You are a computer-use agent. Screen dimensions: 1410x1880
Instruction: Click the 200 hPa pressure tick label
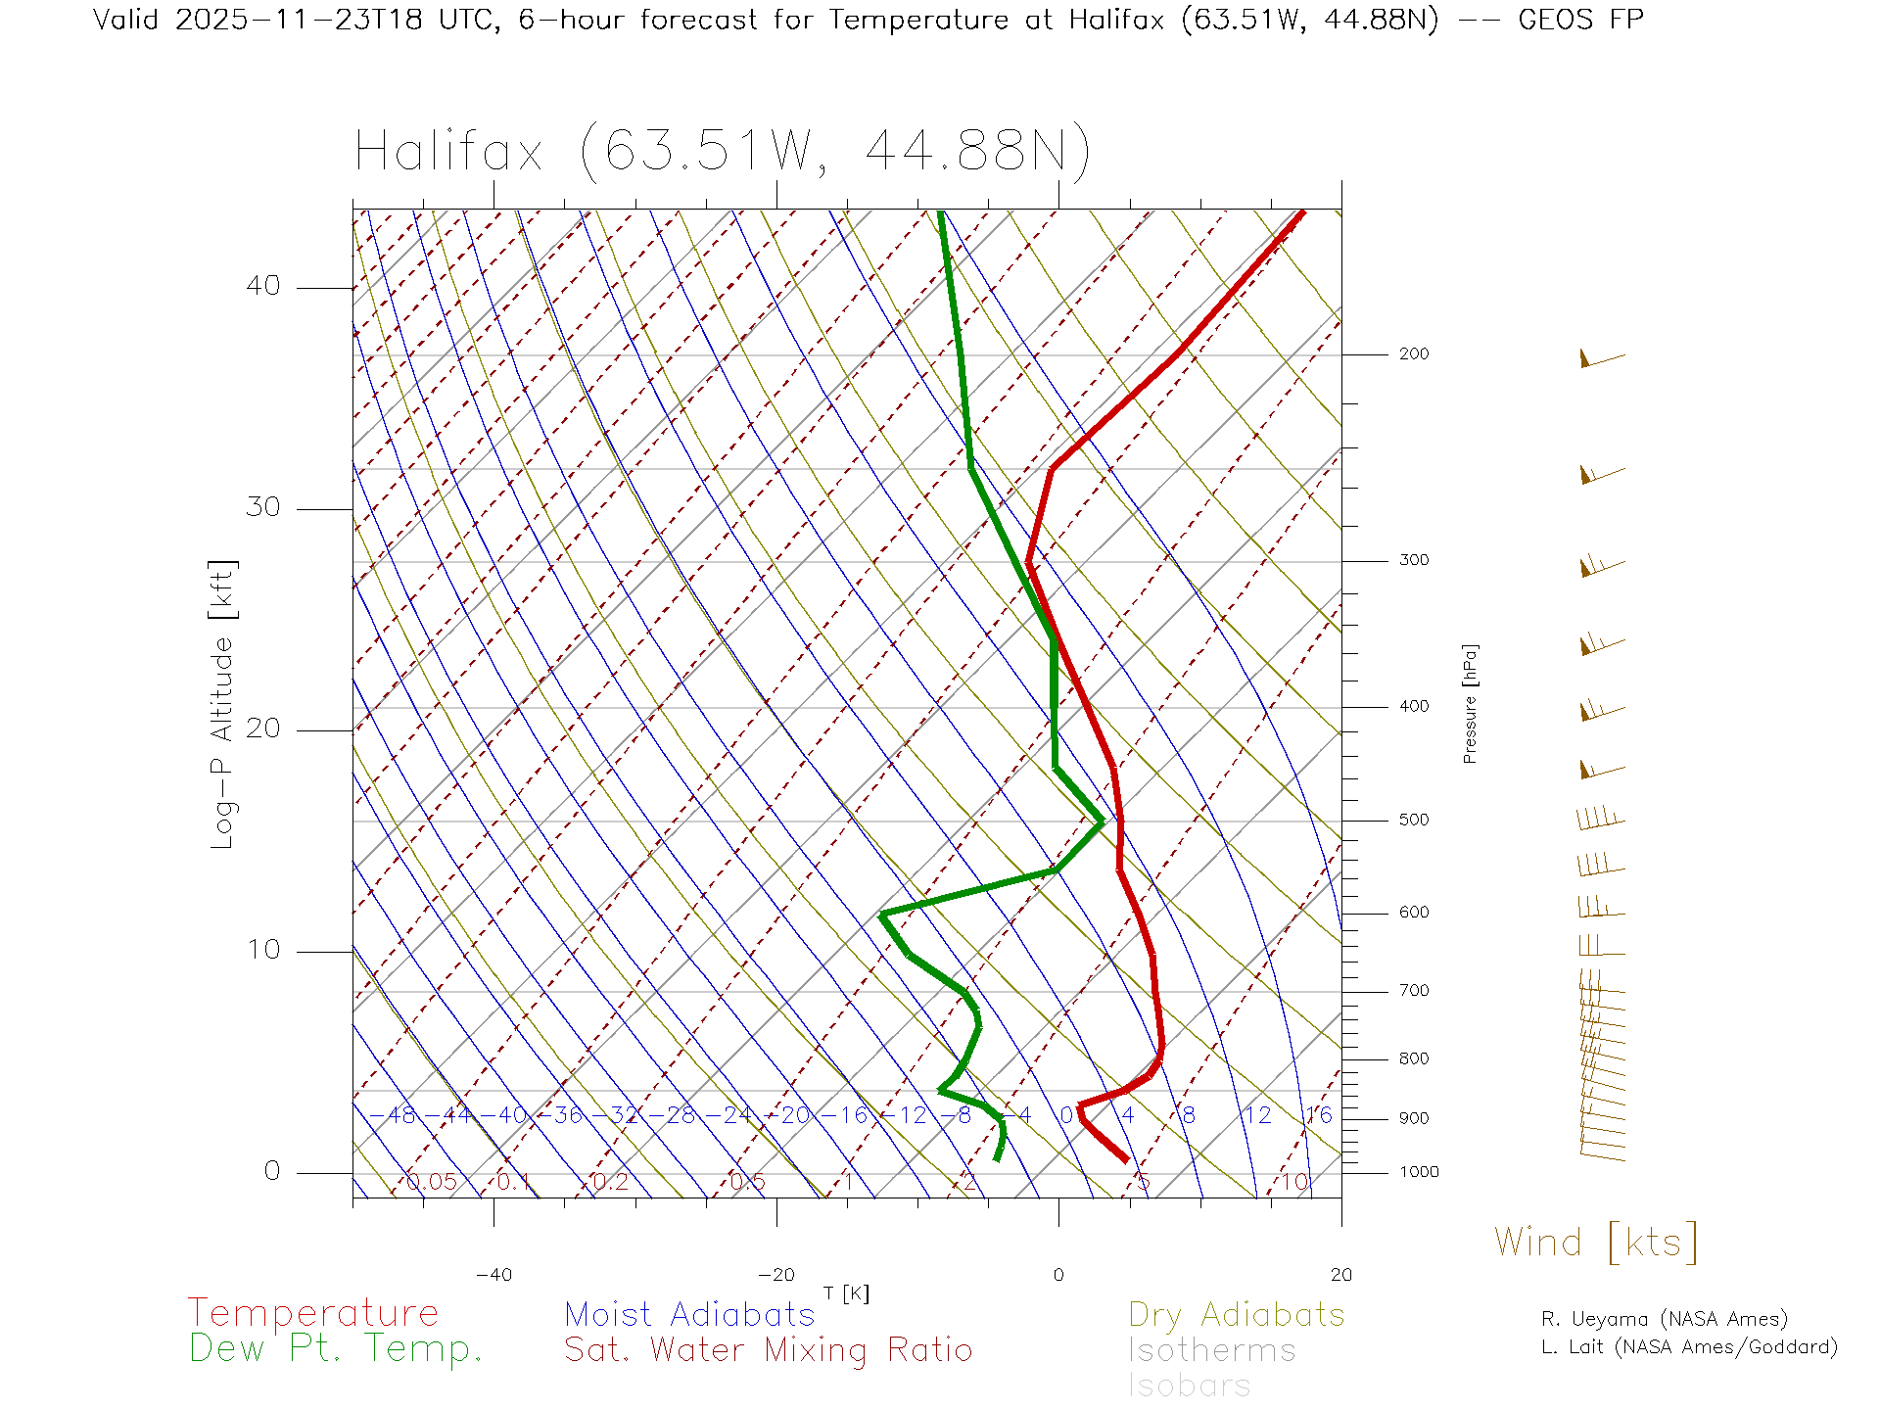[1413, 354]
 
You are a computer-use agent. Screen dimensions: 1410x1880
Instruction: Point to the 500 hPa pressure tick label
[1413, 821]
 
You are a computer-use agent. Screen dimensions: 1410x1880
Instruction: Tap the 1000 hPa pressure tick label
[1418, 1172]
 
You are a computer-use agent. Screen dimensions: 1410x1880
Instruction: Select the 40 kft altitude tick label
[262, 286]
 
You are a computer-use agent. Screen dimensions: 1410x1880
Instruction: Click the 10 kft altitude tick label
[262, 950]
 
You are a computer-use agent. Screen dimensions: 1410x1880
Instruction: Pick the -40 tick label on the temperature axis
[493, 1275]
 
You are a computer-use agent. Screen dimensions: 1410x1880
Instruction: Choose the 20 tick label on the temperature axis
[1340, 1275]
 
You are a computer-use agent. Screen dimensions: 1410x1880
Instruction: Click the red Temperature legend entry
[313, 1313]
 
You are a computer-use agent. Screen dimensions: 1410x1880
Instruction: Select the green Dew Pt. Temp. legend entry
[336, 1349]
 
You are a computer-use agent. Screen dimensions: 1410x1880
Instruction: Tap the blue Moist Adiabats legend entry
[689, 1315]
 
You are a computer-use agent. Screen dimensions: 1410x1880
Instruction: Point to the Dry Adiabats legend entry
[1237, 1315]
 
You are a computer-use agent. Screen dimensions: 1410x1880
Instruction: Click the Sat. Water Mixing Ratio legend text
[768, 1350]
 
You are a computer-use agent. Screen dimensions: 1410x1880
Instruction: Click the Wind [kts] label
[1595, 1243]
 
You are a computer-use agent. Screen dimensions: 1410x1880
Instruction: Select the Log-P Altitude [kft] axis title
[223, 705]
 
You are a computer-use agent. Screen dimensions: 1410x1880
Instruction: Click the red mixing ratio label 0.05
[432, 1182]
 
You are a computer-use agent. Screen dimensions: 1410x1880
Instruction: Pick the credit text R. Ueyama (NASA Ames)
[1665, 1319]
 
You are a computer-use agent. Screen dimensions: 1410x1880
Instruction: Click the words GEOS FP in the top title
[1580, 20]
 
